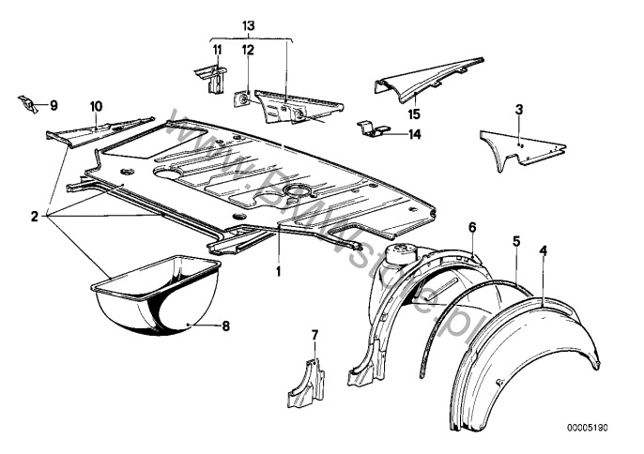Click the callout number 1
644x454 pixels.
pyautogui.click(x=278, y=271)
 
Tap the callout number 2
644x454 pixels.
pyautogui.click(x=34, y=217)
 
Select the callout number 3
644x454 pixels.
pyautogui.click(x=518, y=110)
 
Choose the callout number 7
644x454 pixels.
pyautogui.click(x=315, y=334)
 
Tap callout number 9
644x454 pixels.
pyautogui.click(x=53, y=104)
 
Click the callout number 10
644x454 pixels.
pyautogui.click(x=96, y=106)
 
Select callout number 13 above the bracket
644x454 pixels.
pyautogui.click(x=248, y=22)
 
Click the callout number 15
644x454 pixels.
pyautogui.click(x=413, y=113)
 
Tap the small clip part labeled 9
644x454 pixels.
pyautogui.click(x=25, y=101)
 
